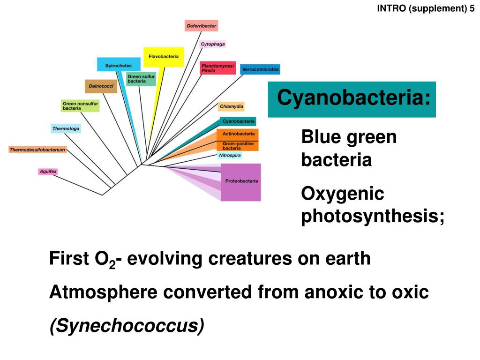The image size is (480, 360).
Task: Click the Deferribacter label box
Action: tap(201, 26)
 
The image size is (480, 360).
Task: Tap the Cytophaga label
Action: tap(213, 45)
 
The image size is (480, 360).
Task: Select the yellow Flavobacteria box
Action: tap(164, 57)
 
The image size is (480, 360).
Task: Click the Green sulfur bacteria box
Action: tap(141, 79)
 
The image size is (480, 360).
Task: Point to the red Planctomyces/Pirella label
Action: tap(217, 68)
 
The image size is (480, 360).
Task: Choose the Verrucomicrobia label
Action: tap(260, 69)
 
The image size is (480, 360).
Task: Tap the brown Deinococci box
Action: tap(101, 86)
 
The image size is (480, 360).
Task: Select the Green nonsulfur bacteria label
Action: tap(80, 105)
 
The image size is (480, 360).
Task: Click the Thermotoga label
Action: tap(66, 128)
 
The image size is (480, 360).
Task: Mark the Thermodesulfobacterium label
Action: tap(37, 150)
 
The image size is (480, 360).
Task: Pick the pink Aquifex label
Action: tap(48, 172)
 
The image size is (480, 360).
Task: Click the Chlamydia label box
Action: tap(231, 106)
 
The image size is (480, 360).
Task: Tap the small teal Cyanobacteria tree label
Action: tap(238, 121)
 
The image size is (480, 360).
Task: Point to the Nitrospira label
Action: tap(230, 155)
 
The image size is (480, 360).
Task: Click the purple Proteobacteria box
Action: tap(241, 182)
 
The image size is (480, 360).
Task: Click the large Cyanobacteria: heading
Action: tap(352, 99)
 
